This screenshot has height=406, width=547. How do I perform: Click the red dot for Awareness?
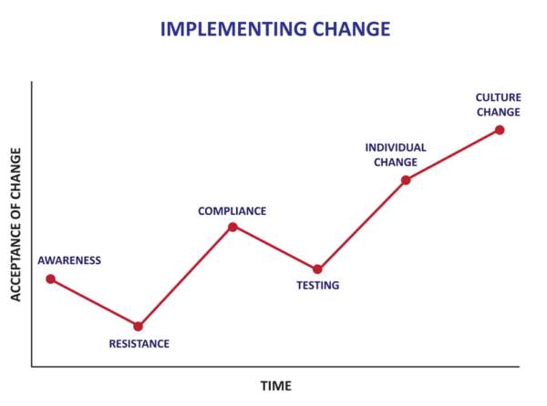tap(50, 279)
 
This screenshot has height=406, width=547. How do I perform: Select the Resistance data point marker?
tap(139, 326)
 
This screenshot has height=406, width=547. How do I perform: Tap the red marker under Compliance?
tap(232, 227)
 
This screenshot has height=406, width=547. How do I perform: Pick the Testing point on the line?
tap(317, 269)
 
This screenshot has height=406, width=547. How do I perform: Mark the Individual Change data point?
tap(406, 180)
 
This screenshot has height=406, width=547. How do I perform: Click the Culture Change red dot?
tap(500, 129)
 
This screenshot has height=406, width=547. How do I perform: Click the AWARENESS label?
tap(69, 260)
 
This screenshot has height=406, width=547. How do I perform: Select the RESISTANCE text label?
tap(139, 344)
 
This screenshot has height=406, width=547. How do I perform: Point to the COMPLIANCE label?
tap(232, 211)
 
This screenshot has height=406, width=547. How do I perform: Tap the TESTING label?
tap(317, 286)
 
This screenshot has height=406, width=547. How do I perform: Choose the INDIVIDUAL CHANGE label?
tap(396, 155)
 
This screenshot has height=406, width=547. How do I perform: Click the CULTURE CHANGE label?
tap(498, 105)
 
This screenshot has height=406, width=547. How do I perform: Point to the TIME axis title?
tap(276, 386)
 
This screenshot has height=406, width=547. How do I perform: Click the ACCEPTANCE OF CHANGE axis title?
tap(15, 223)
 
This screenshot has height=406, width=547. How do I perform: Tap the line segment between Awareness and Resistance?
tap(94, 302)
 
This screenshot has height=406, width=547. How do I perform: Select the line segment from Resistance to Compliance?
tap(185, 277)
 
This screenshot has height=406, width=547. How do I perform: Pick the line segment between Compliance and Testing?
tap(274, 248)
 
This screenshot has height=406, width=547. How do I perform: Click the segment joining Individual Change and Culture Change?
tap(453, 155)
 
